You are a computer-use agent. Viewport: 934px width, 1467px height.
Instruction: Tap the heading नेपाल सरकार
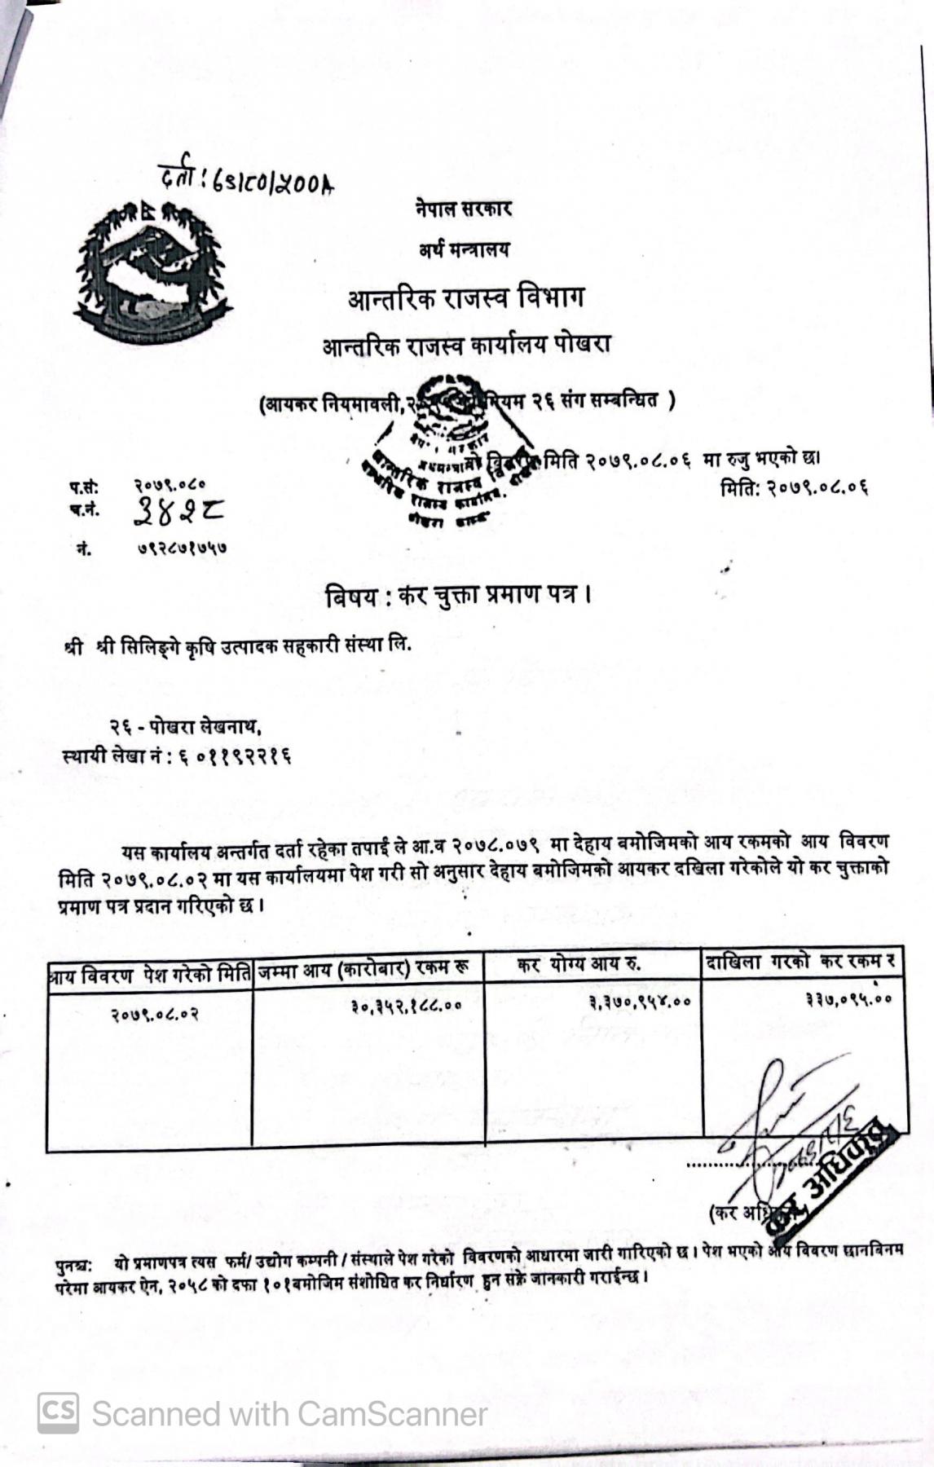point(462,209)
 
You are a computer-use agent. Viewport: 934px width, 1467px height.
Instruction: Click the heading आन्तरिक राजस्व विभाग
point(465,298)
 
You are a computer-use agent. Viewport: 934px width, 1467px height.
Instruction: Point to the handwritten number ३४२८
point(178,511)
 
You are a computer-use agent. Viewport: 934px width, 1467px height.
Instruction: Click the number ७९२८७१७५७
point(180,548)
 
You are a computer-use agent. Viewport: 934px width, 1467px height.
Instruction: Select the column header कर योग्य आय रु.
point(579,965)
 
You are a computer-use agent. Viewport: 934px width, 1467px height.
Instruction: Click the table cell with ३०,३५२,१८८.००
point(406,1006)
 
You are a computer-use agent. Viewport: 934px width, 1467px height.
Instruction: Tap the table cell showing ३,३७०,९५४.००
point(640,1002)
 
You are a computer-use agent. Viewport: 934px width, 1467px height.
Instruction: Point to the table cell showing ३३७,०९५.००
point(848,998)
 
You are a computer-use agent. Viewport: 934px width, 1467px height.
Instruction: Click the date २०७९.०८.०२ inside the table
point(154,1015)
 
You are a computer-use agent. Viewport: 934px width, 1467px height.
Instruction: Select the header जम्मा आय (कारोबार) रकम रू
point(363,969)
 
